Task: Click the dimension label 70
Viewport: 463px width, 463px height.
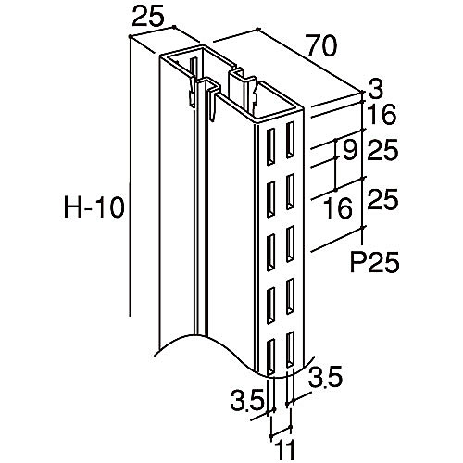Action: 321,45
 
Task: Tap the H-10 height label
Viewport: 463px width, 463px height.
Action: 94,207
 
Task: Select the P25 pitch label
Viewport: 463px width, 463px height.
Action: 374,262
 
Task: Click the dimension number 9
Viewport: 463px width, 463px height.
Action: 350,150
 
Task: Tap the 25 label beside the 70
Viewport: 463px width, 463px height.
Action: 147,18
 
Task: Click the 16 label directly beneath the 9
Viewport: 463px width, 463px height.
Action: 338,207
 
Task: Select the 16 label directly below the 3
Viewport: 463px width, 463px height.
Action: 382,114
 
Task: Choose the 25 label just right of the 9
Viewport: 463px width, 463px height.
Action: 382,150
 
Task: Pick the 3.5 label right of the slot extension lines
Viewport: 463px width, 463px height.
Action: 325,376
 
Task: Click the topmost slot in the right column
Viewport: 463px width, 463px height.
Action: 290,140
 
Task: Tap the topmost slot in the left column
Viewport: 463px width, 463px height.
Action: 270,147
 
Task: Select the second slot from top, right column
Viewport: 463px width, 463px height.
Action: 290,192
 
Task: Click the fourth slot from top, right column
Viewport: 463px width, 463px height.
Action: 290,296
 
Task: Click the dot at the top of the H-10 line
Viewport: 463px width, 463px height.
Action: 130,37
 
